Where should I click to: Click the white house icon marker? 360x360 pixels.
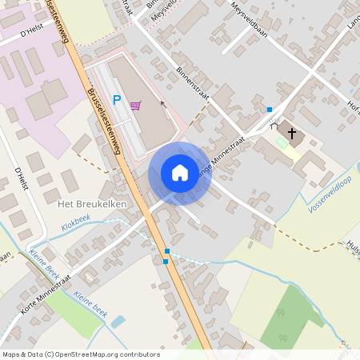coord(180,173)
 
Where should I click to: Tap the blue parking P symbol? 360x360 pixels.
coord(117,101)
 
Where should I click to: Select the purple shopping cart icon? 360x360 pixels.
coord(136,105)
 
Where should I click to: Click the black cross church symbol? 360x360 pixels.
coord(291,133)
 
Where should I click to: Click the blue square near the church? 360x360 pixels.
coord(270,109)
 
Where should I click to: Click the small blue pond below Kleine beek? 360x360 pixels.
coord(118,321)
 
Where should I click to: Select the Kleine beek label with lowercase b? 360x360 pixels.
coord(90,301)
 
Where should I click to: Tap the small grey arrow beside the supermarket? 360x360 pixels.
coord(163,103)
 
